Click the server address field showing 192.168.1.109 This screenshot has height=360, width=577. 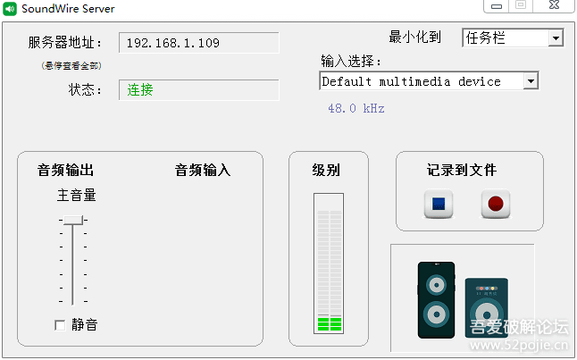pos(198,43)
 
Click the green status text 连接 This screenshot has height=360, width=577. pos(140,89)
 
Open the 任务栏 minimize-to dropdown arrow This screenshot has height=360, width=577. pos(556,38)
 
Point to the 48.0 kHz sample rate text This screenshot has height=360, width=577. pos(355,108)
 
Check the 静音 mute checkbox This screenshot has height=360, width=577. pos(60,324)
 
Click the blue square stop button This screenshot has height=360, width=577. pos(439,204)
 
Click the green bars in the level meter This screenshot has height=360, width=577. pos(330,322)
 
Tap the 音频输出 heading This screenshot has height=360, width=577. pos(65,170)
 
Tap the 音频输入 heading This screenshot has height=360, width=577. pos(203,170)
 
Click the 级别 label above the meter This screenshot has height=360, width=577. pos(326,170)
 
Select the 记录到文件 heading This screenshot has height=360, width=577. pos(461,170)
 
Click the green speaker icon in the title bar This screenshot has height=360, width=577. pos(11,8)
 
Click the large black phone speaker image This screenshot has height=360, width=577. pos(436,299)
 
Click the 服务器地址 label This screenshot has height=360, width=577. pos(65,43)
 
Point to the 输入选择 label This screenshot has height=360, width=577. pos(351,62)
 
